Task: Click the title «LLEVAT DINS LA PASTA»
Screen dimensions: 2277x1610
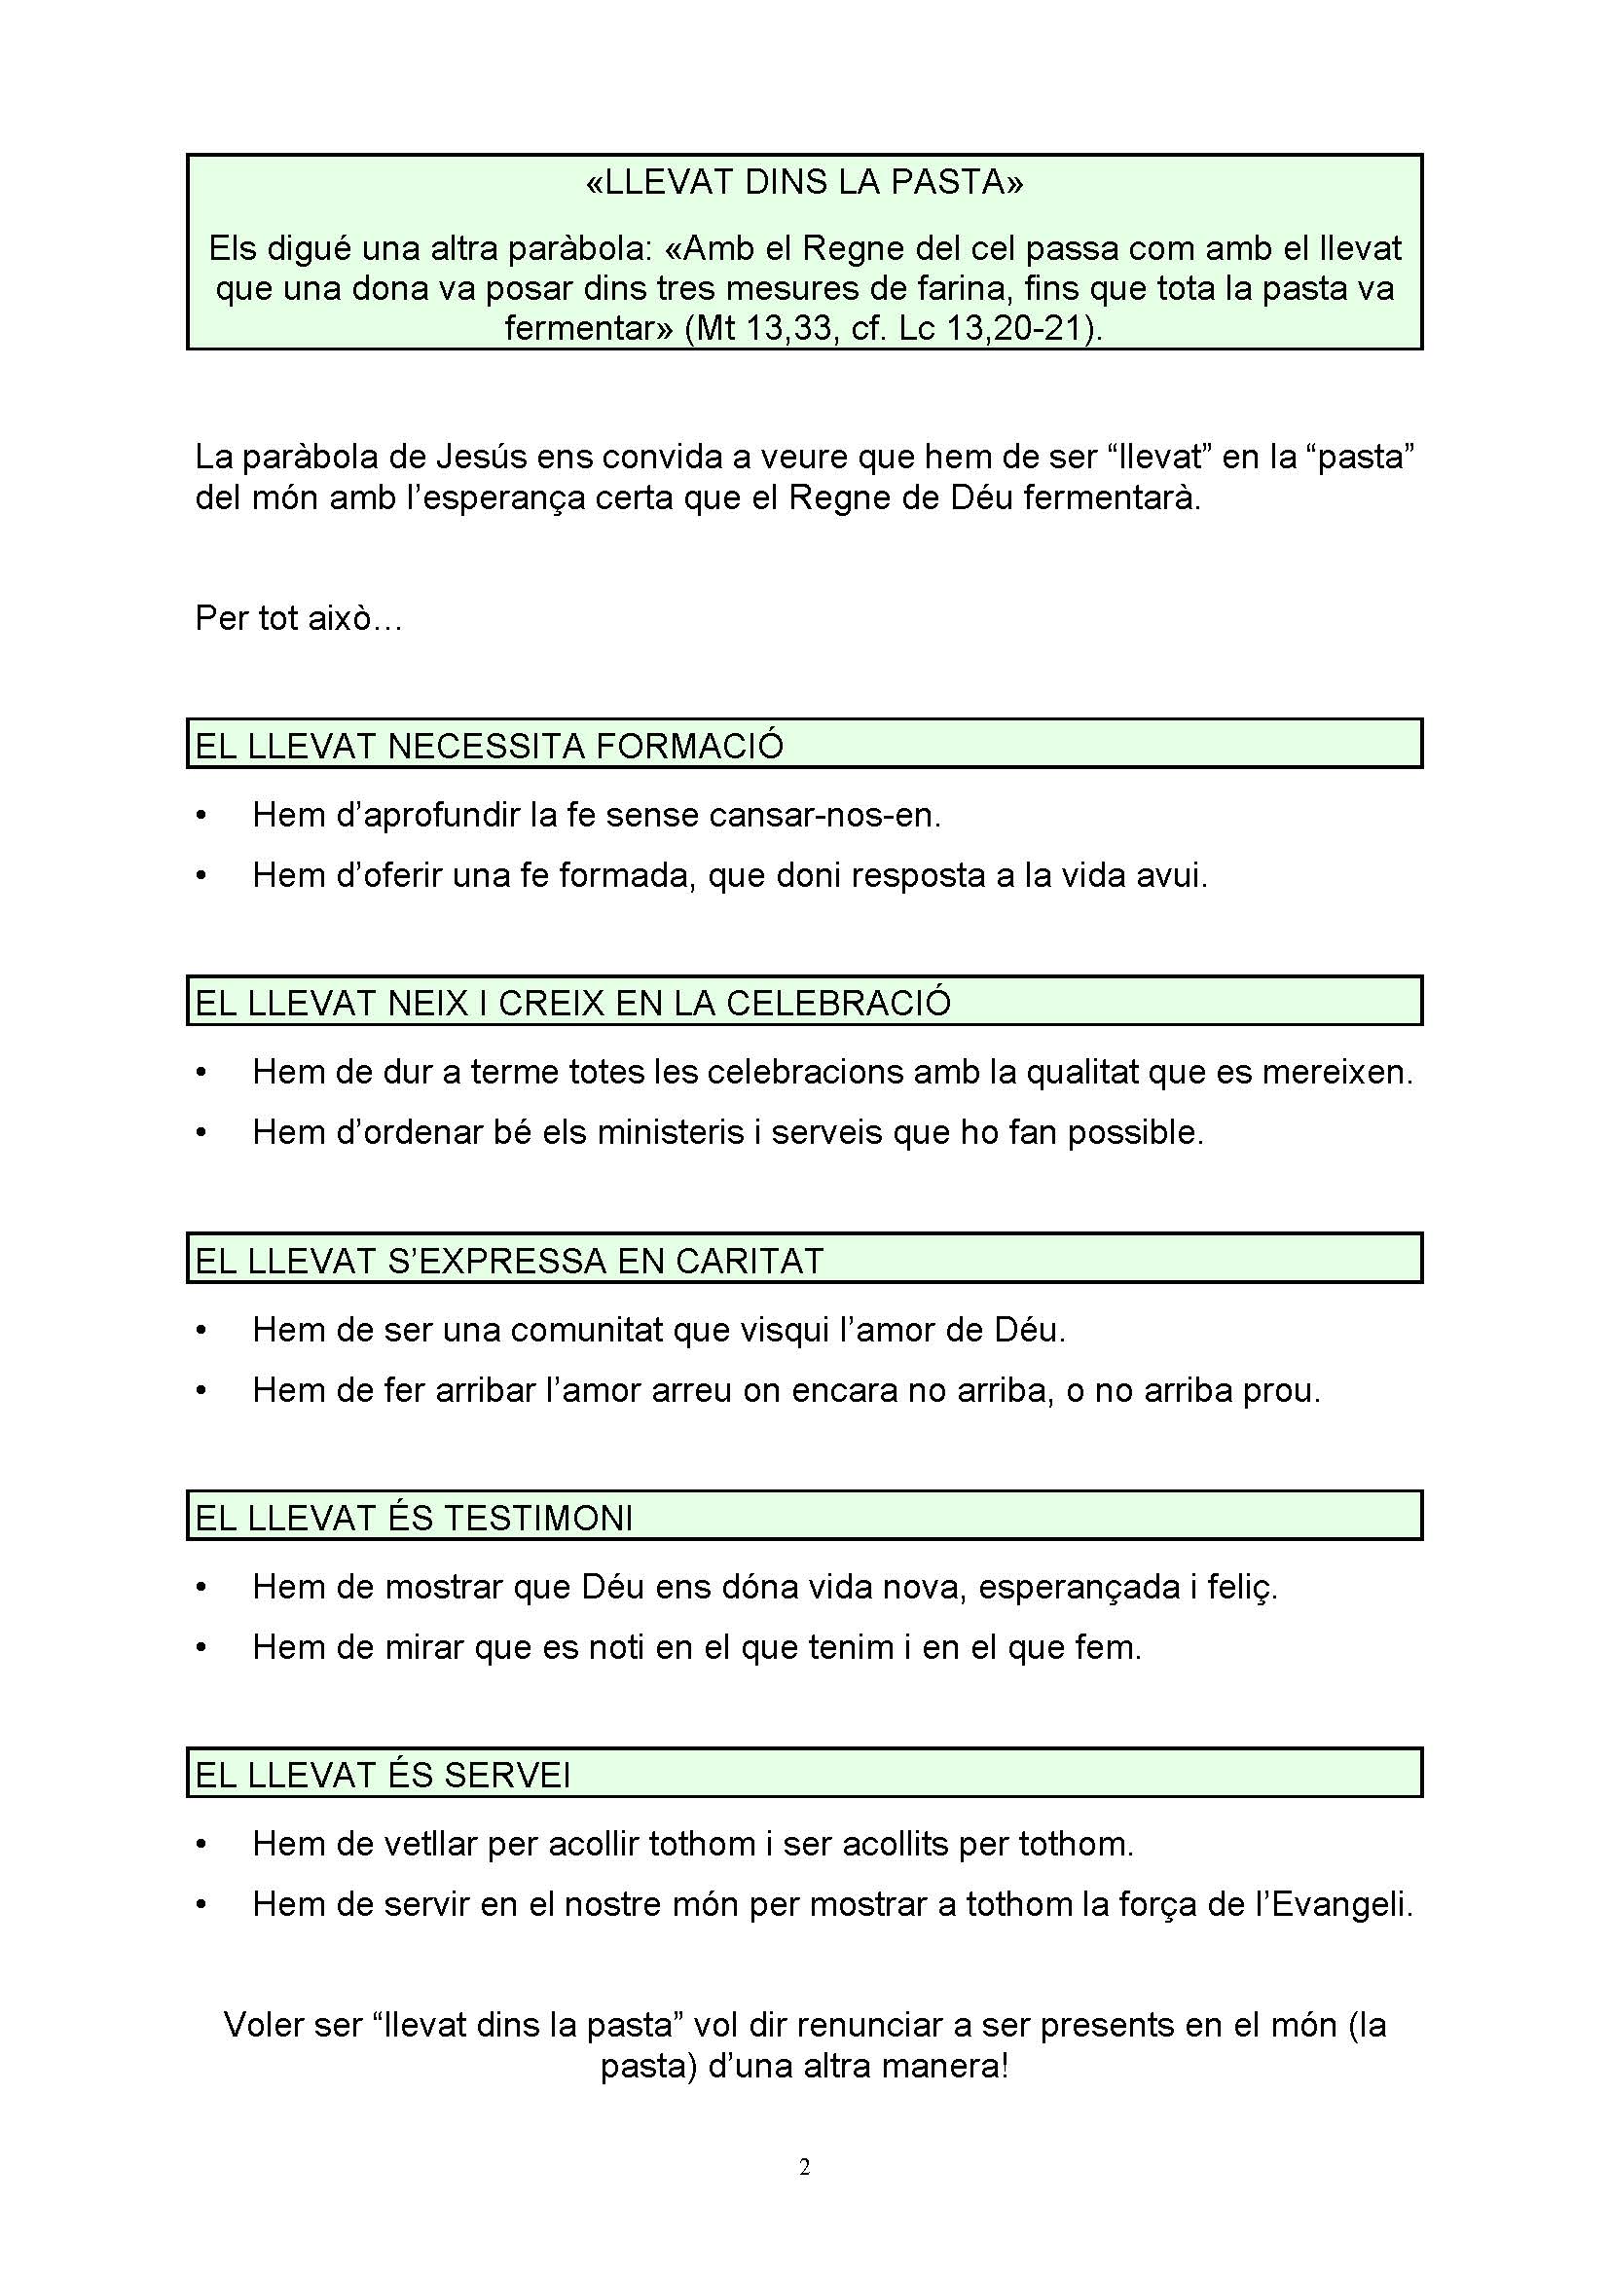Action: (x=804, y=182)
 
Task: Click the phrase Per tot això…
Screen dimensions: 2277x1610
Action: (x=299, y=618)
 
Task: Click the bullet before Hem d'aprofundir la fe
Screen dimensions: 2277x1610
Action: (x=202, y=816)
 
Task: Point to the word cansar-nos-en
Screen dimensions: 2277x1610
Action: (x=824, y=815)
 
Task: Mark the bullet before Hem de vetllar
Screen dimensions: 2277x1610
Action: (x=202, y=1846)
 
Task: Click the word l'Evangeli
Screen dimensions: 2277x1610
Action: (x=1338, y=1904)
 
